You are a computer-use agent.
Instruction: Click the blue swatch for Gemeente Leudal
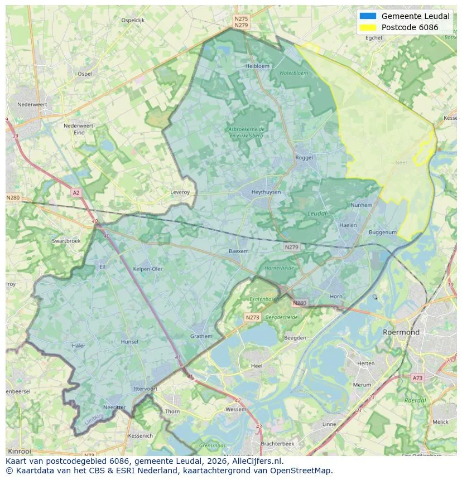pyautogui.click(x=369, y=16)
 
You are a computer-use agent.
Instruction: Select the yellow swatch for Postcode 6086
pyautogui.click(x=369, y=27)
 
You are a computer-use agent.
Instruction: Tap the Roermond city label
pyautogui.click(x=401, y=332)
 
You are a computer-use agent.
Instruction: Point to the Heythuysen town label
pyautogui.click(x=266, y=192)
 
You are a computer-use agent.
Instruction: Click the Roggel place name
pyautogui.click(x=305, y=158)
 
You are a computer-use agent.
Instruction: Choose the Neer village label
pyautogui.click(x=401, y=163)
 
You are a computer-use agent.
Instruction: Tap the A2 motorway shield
pyautogui.click(x=76, y=192)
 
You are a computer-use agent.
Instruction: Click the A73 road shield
pyautogui.click(x=417, y=378)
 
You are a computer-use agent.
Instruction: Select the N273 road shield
pyautogui.click(x=252, y=317)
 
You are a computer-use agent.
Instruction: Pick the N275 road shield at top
pyautogui.click(x=241, y=18)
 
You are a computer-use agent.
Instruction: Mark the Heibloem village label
pyautogui.click(x=257, y=66)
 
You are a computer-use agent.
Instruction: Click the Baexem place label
pyautogui.click(x=238, y=251)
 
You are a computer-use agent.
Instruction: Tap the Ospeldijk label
pyautogui.click(x=133, y=20)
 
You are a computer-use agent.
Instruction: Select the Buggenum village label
pyautogui.click(x=383, y=232)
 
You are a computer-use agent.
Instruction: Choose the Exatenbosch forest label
pyautogui.click(x=263, y=299)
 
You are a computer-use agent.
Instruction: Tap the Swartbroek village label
pyautogui.click(x=66, y=241)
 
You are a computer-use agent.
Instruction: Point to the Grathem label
pyautogui.click(x=201, y=336)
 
